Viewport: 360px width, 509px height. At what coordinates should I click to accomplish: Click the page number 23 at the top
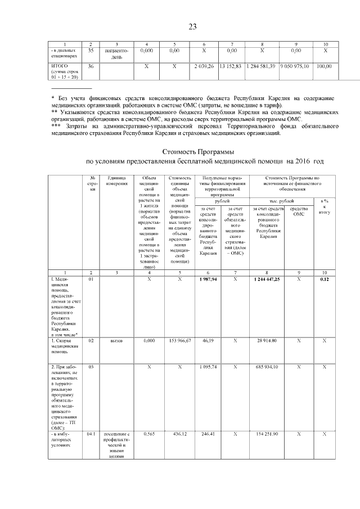tap(192, 26)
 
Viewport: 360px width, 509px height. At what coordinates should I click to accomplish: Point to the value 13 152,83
tap(231, 66)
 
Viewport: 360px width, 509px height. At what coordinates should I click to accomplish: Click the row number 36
tap(91, 66)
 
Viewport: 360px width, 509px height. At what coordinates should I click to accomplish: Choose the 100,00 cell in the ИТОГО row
tap(325, 66)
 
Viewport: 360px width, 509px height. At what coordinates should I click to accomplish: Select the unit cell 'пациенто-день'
tap(117, 53)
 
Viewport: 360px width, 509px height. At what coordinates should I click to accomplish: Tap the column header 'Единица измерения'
tap(116, 181)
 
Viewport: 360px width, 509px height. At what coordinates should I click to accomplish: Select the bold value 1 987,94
tap(208, 280)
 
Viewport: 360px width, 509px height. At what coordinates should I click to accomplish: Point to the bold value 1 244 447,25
tap(267, 280)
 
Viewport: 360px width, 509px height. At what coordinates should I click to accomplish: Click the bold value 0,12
tap(324, 280)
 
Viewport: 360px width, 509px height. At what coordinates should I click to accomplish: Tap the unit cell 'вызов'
tap(117, 341)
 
